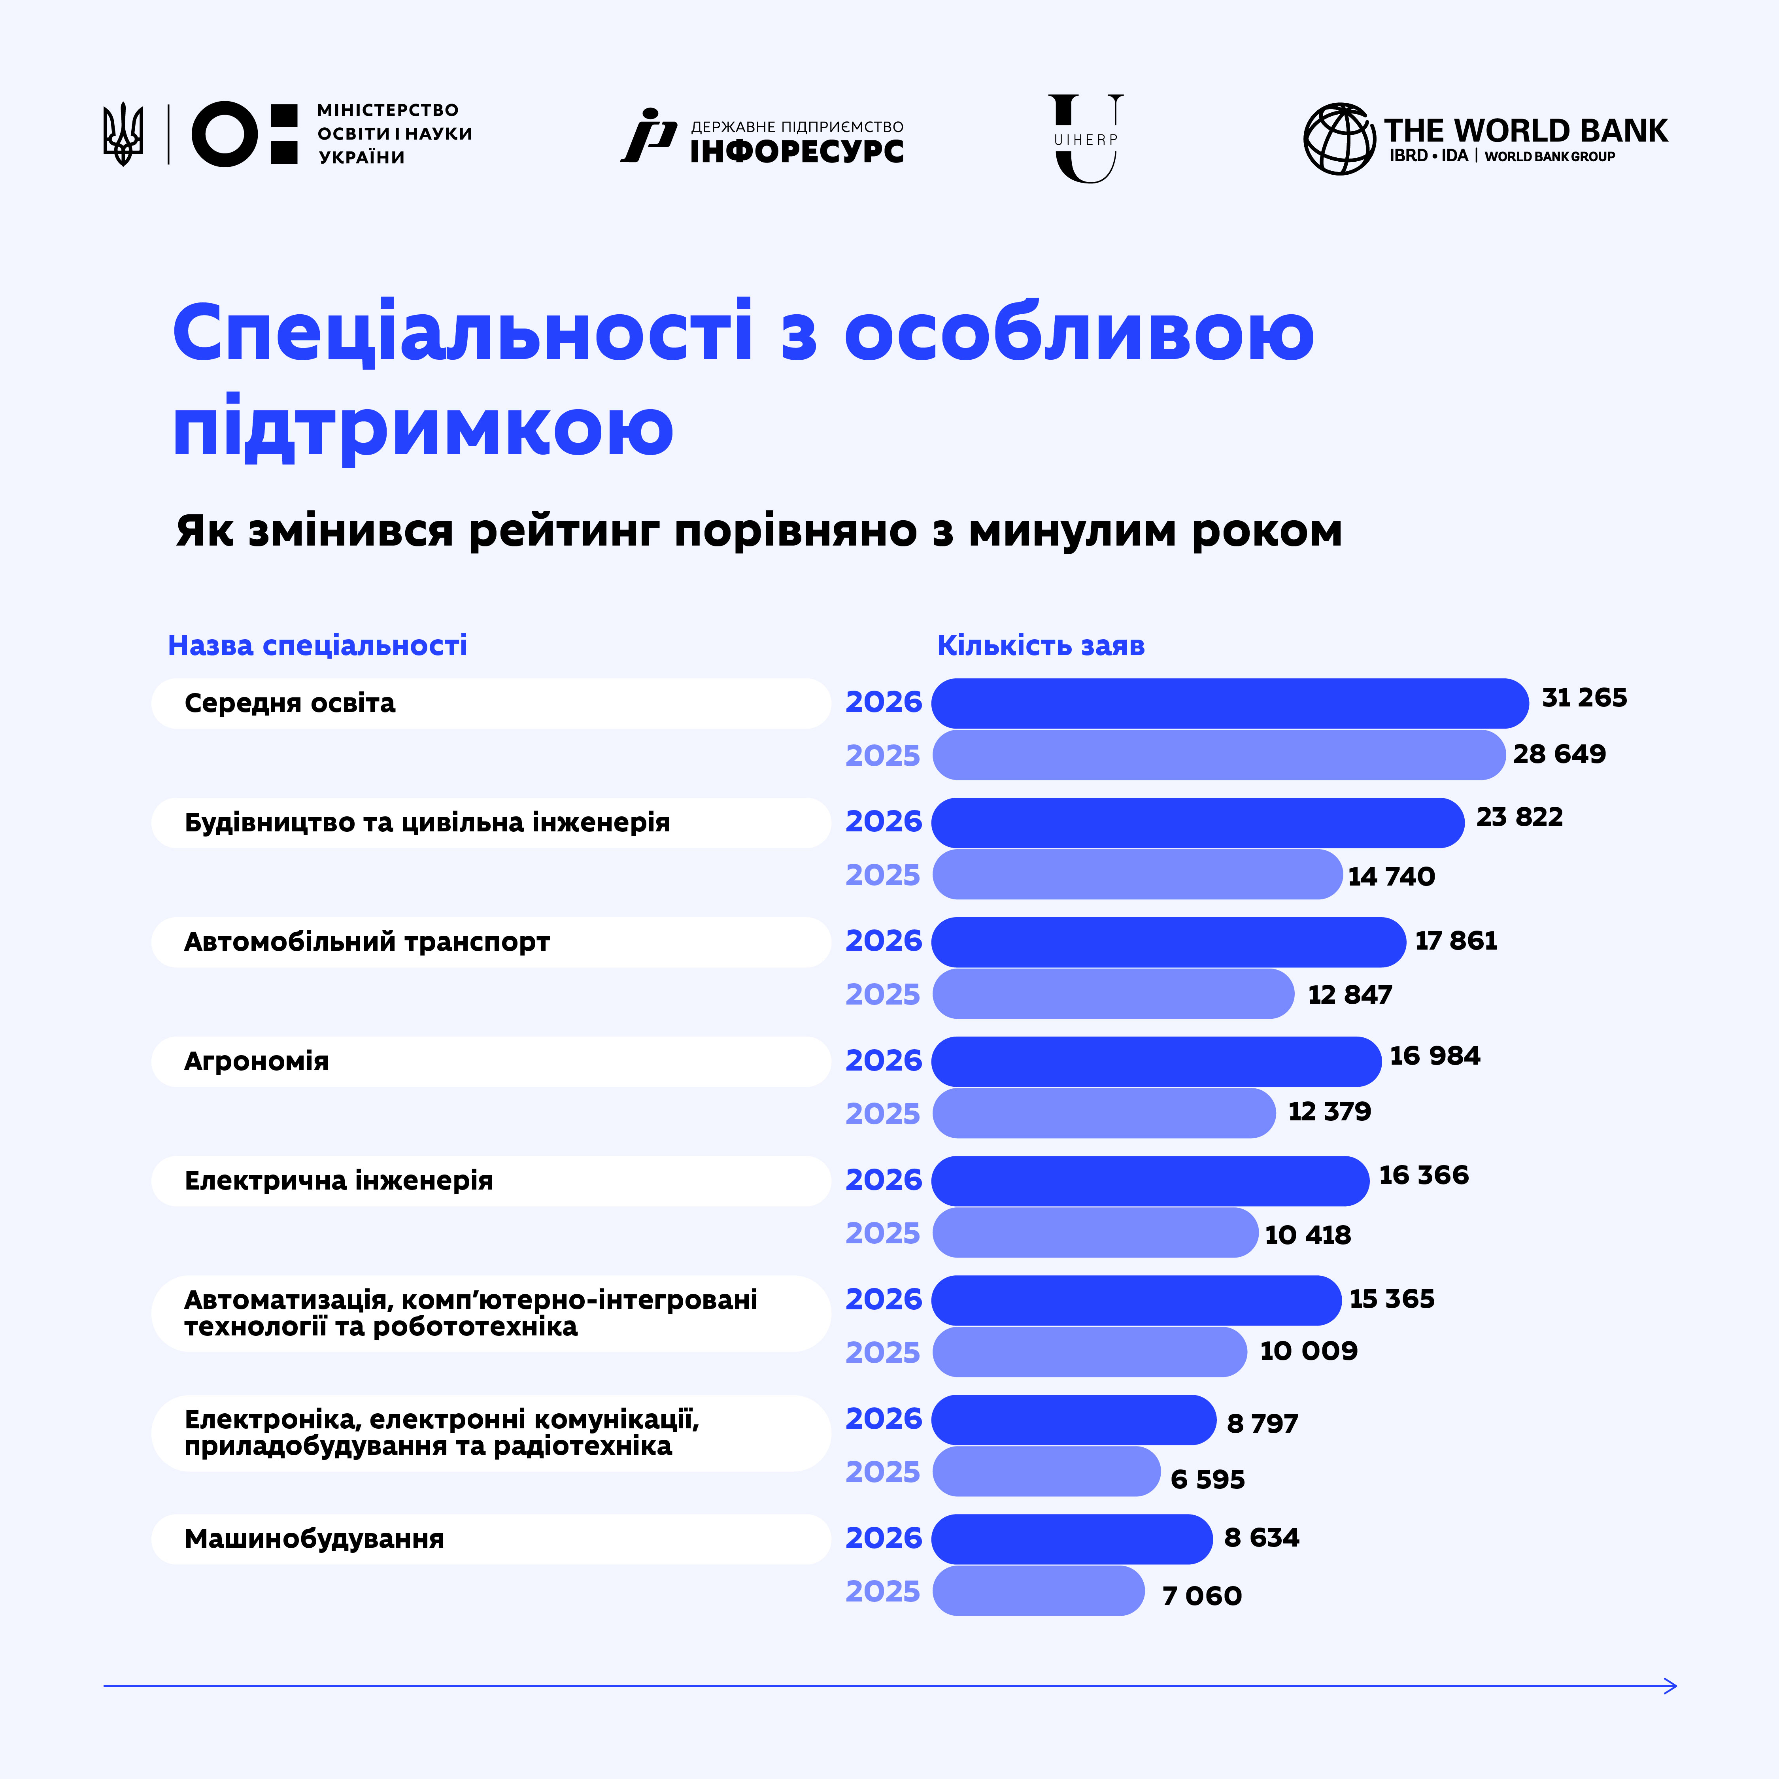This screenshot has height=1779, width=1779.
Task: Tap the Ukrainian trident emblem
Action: (123, 134)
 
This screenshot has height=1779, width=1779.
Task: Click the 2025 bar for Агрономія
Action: (1104, 1113)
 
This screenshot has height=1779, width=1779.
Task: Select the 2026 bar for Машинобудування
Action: (1072, 1539)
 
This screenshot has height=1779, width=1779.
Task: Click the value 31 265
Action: (1584, 698)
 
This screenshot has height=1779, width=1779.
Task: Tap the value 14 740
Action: (1390, 876)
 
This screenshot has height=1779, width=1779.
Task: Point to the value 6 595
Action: (1207, 1479)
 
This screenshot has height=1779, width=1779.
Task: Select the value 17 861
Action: (1456, 941)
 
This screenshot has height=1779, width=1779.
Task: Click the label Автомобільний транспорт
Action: (366, 942)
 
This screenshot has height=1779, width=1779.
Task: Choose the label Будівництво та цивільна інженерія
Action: (427, 822)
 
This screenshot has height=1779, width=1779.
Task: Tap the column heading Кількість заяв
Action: (1041, 646)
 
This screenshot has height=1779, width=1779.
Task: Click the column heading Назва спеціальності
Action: (317, 646)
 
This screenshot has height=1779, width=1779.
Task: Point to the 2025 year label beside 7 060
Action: (882, 1591)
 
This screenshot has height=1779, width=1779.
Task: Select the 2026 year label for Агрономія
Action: (883, 1061)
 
